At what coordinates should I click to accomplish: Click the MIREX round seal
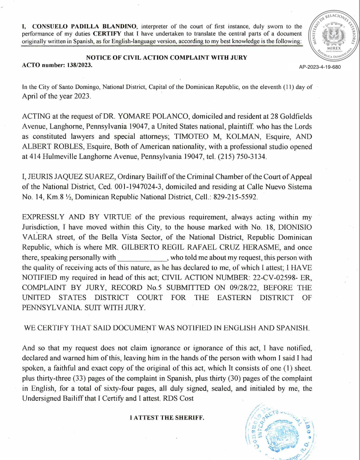pos(334,36)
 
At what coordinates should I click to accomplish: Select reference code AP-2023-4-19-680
pos(320,67)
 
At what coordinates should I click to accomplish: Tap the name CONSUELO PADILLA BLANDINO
pos(84,26)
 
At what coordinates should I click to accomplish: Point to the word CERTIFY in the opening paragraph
pos(107,34)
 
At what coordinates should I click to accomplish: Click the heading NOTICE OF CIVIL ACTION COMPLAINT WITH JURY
pos(167,58)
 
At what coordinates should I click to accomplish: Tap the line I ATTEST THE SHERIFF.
pos(167,418)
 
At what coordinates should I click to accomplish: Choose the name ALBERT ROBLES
pos(52,147)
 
